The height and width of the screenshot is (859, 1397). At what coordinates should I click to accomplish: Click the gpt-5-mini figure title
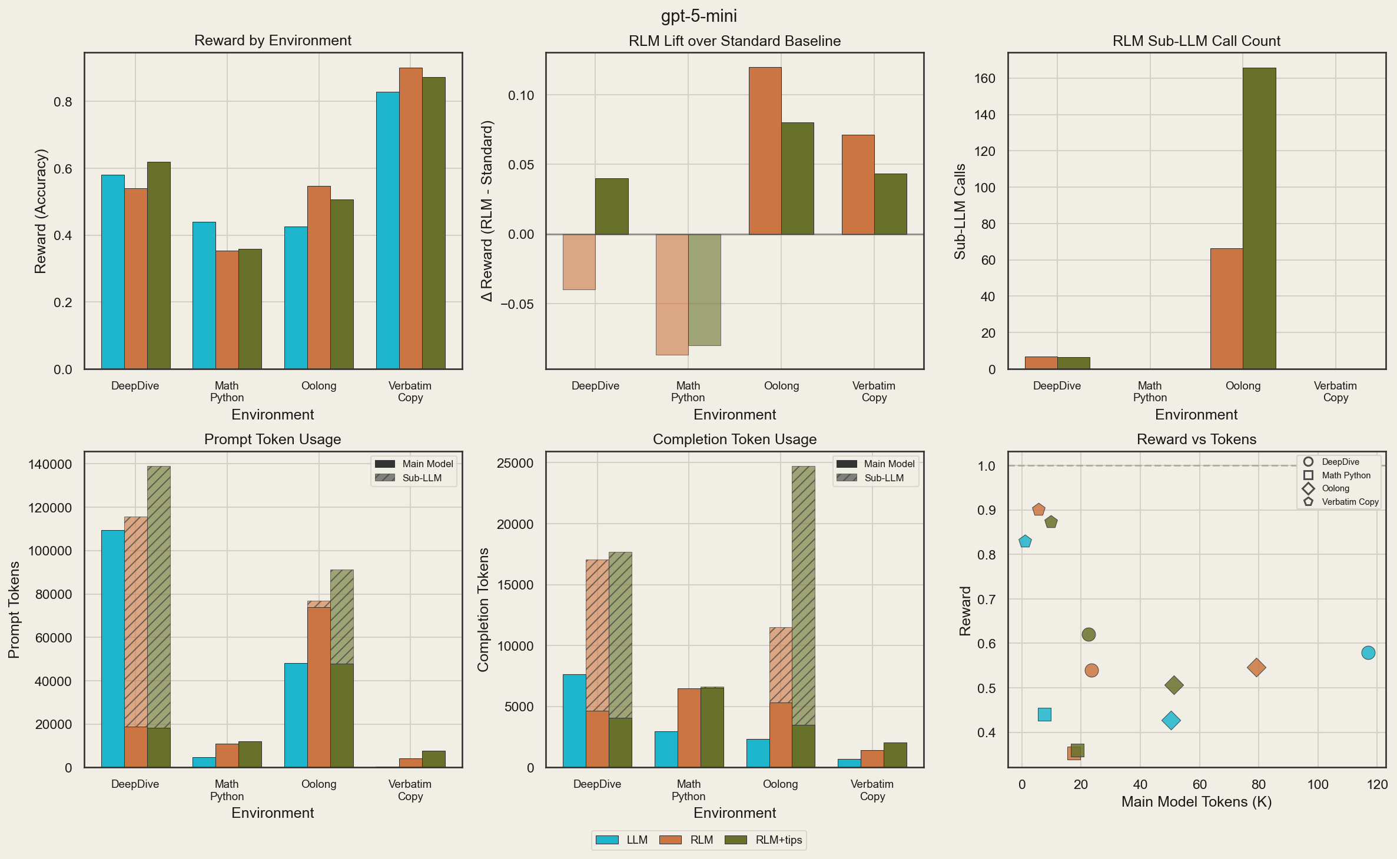coord(698,16)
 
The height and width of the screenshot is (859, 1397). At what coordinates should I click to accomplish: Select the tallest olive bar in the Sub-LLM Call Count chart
coord(1259,218)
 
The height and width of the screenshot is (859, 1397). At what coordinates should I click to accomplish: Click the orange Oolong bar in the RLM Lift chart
coord(765,151)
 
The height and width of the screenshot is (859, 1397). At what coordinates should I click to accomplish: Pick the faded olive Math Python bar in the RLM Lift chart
coord(704,289)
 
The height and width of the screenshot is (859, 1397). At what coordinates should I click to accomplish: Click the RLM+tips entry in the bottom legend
coord(765,840)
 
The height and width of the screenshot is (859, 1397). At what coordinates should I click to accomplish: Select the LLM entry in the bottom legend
coord(622,840)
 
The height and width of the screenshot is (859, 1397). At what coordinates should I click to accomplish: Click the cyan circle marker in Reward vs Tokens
coord(1368,652)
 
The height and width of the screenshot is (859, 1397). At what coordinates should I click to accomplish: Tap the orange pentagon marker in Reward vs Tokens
coord(1038,510)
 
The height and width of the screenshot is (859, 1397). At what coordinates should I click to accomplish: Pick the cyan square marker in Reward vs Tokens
coord(1044,714)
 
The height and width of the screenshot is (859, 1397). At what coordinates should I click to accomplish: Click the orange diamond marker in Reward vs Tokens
coord(1256,667)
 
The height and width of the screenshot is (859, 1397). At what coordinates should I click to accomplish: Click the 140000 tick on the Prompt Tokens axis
coord(50,464)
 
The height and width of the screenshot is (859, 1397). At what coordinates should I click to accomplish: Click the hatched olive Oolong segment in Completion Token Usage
coord(803,594)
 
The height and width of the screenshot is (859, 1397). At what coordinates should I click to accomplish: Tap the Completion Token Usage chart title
coord(734,439)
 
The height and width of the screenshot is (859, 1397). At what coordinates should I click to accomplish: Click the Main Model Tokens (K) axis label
coord(1196,801)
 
